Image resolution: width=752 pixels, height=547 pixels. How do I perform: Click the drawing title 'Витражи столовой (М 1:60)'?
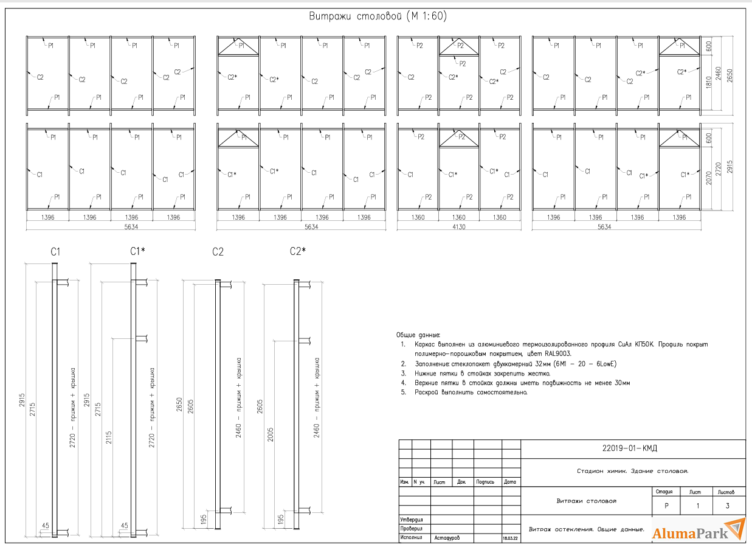(379, 17)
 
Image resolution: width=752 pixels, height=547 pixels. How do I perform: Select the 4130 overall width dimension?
(459, 226)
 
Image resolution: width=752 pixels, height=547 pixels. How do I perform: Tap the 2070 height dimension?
(709, 178)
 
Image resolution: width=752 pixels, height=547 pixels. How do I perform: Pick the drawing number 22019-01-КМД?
(633, 449)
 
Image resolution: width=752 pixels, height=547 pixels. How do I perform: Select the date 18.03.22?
(511, 538)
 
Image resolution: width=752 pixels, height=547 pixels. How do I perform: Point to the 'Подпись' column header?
(485, 482)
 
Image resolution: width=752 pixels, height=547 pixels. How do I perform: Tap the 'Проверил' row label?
(411, 529)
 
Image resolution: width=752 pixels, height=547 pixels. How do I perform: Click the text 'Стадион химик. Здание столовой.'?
(632, 472)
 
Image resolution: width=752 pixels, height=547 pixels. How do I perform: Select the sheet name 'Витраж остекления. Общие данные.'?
(586, 529)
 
